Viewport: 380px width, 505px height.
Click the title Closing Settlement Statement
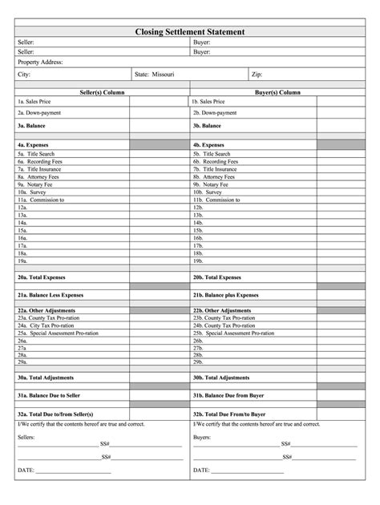[190, 30]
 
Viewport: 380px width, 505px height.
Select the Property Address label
[40, 62]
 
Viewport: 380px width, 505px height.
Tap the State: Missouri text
[154, 74]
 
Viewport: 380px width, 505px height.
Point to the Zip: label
[257, 74]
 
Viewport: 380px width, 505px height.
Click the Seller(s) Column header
[102, 92]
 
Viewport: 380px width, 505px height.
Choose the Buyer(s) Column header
[277, 92]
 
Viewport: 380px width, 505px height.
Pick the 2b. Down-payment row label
[213, 113]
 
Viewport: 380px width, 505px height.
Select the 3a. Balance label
[30, 126]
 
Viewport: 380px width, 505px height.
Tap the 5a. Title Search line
[36, 153]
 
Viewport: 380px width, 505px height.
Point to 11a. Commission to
[41, 200]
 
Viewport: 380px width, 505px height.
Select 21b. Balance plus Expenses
[225, 295]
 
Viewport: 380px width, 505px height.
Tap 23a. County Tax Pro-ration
[47, 317]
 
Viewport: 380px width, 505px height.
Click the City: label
[25, 74]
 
